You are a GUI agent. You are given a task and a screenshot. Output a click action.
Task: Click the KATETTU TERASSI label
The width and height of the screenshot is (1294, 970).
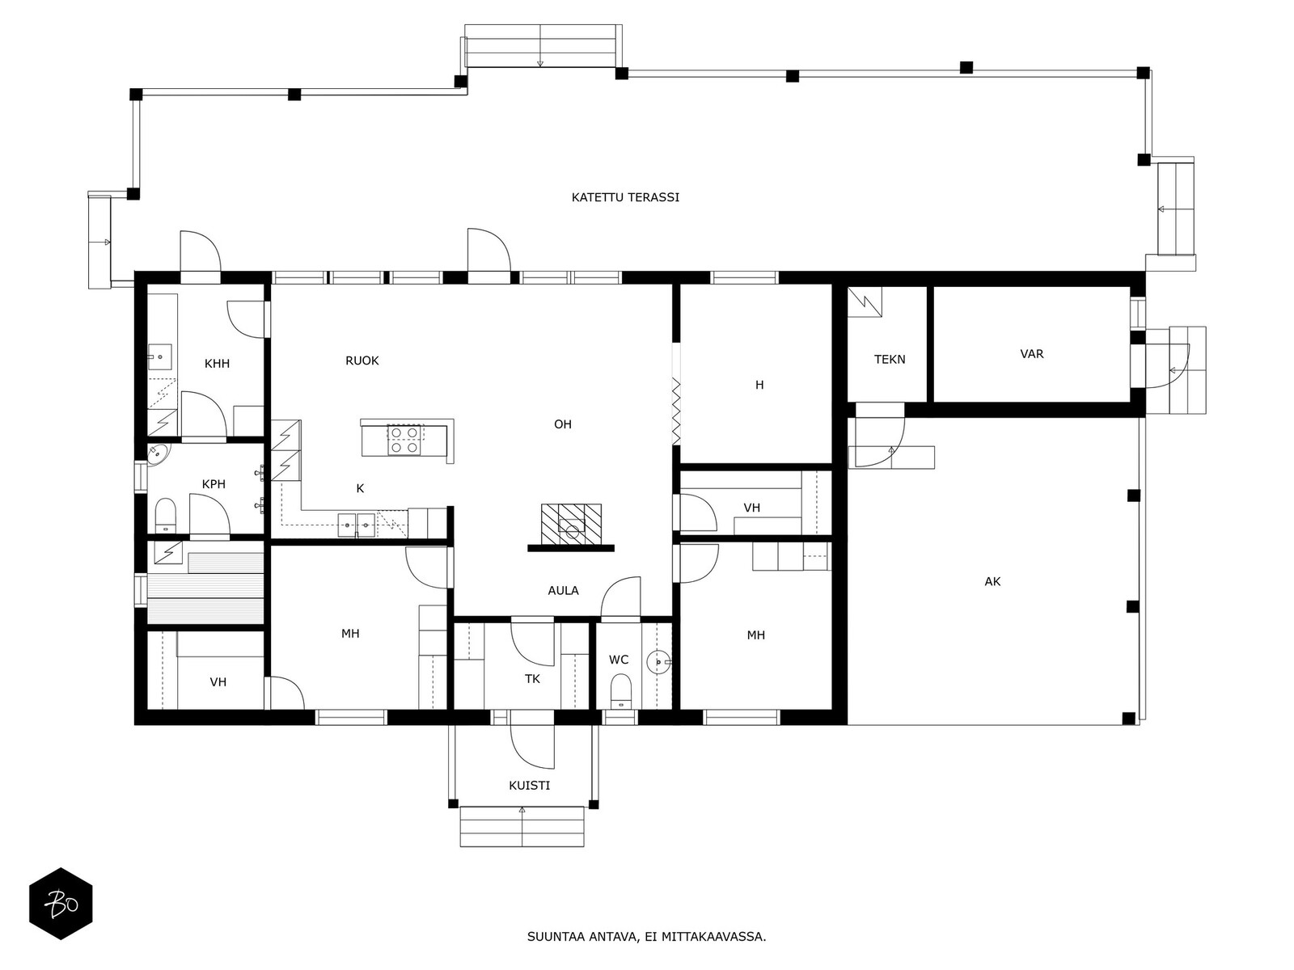coord(625,197)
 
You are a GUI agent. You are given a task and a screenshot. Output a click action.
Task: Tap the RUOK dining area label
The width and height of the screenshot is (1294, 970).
coord(362,361)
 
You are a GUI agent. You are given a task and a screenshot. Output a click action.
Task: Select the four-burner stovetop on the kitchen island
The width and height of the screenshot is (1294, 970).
coord(404,440)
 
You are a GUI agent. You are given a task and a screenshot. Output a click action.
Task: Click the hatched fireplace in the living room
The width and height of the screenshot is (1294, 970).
coord(571,524)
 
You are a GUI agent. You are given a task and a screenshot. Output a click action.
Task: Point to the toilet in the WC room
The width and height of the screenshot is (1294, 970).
coord(620,691)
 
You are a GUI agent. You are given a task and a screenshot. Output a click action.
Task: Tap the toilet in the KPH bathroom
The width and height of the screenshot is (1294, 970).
coord(166,516)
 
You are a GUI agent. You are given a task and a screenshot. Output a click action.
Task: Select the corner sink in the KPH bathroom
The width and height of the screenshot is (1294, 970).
coord(158,454)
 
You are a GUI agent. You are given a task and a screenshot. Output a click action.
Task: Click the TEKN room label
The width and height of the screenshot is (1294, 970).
coord(890,359)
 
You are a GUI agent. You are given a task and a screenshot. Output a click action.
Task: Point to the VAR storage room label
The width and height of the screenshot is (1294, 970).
coord(1032,354)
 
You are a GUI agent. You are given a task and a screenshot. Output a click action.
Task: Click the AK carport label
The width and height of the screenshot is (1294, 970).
coord(993,581)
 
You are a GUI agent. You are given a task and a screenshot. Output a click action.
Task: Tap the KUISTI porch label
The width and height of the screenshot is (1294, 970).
coord(530,785)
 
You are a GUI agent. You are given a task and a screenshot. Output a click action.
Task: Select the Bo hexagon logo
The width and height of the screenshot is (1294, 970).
coord(61,904)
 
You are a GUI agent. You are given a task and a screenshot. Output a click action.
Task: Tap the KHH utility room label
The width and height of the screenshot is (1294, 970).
coord(217,364)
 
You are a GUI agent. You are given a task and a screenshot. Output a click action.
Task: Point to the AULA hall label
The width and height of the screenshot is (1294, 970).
coord(563,590)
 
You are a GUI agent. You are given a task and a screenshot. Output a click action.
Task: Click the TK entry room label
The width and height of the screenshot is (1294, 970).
coord(532,679)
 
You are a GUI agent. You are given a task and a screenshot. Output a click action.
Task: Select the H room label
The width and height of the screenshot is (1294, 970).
coord(759,385)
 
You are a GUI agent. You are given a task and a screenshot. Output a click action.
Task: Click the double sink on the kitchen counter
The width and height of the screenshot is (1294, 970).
coord(357,525)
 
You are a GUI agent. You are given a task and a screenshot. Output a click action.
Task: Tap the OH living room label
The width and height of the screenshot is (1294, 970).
coord(563,424)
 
